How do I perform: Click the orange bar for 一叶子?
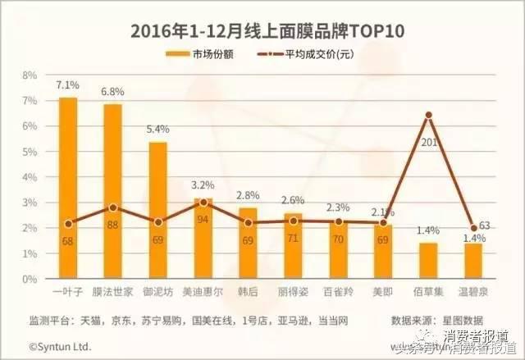[68, 189]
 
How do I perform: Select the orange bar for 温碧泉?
[473, 262]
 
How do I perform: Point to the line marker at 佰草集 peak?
[428, 116]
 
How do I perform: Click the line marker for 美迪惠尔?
[203, 203]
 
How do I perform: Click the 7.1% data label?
[68, 85]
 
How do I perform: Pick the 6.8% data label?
[113, 92]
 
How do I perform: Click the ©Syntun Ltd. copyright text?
[60, 347]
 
